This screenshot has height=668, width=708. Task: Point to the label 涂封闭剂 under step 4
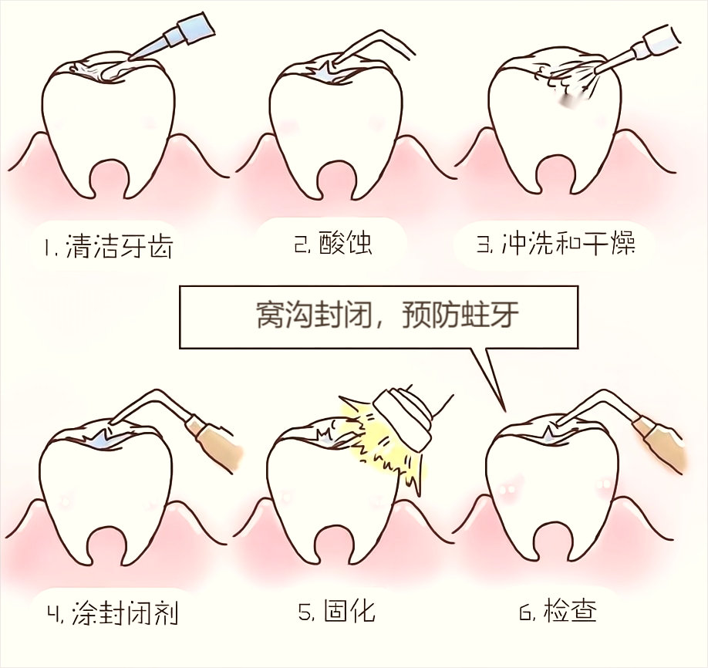tap(124, 614)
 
